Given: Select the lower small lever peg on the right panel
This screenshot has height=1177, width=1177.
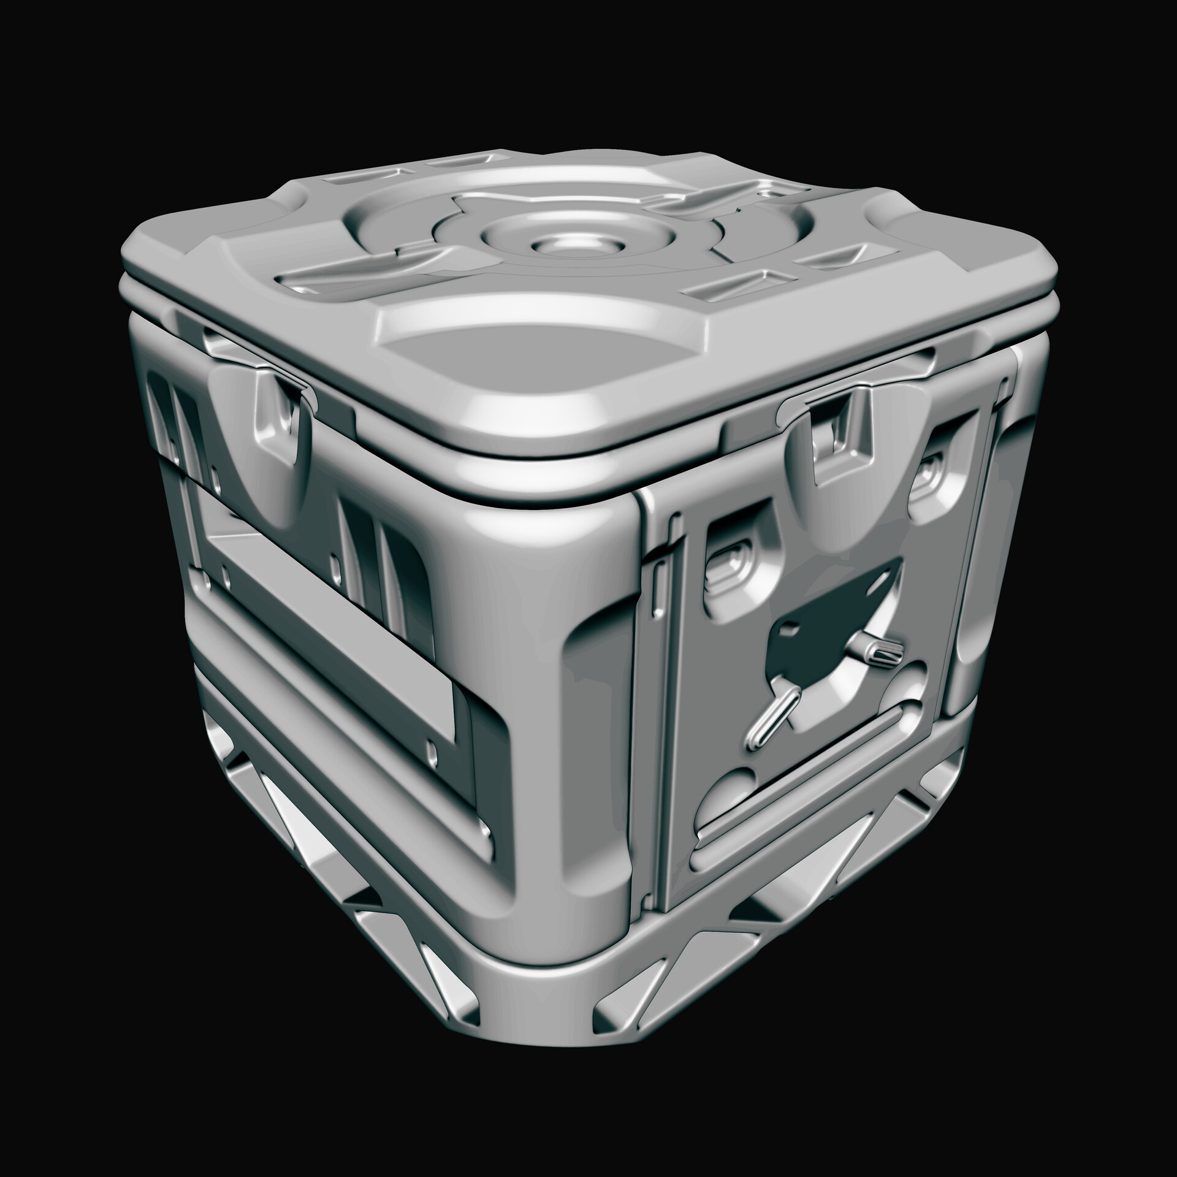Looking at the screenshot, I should (771, 714).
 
